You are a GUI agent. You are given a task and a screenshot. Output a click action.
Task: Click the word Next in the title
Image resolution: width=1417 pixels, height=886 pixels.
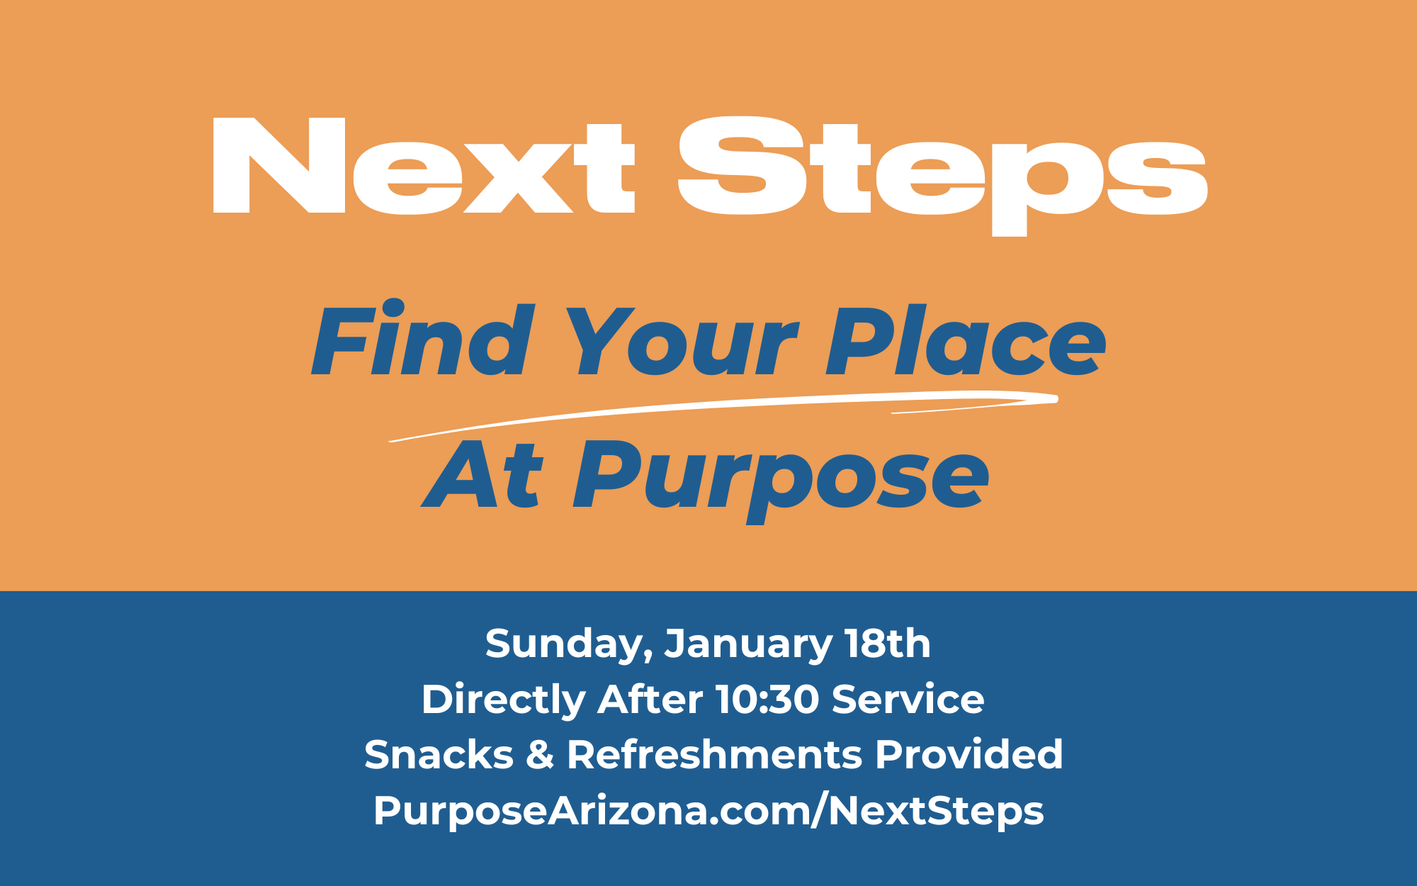pyautogui.click(x=424, y=165)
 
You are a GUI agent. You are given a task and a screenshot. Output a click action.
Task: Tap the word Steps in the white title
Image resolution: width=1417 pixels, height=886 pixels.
pyautogui.click(x=942, y=176)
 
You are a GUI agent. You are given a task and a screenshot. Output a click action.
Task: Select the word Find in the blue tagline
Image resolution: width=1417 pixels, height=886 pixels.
pyautogui.click(x=423, y=338)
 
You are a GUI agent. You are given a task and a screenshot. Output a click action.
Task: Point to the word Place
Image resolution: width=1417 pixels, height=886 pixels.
pyautogui.click(x=966, y=340)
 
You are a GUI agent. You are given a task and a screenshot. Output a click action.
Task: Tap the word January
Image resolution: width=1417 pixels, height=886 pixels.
pyautogui.click(x=748, y=645)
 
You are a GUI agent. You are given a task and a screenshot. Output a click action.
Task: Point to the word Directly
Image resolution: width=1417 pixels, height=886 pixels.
pyautogui.click(x=503, y=700)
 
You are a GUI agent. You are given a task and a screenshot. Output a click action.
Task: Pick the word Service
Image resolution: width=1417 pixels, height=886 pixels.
pyautogui.click(x=908, y=700)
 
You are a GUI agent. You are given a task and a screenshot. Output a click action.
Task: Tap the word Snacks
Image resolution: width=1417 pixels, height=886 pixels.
pyautogui.click(x=439, y=754)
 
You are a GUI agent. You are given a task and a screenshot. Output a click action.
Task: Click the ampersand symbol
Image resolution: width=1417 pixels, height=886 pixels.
pyautogui.click(x=540, y=755)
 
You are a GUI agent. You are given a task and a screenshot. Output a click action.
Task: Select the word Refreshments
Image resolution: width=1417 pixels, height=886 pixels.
pyautogui.click(x=715, y=754)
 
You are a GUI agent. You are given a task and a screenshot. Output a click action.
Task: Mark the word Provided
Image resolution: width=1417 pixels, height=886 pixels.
pyautogui.click(x=969, y=754)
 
